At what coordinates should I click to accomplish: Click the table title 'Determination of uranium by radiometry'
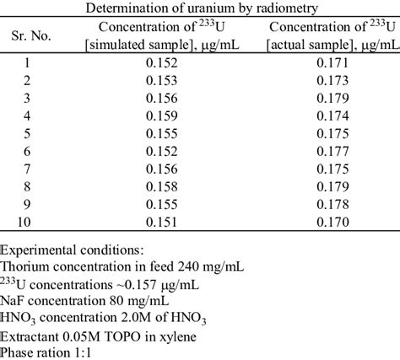[x=200, y=8]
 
